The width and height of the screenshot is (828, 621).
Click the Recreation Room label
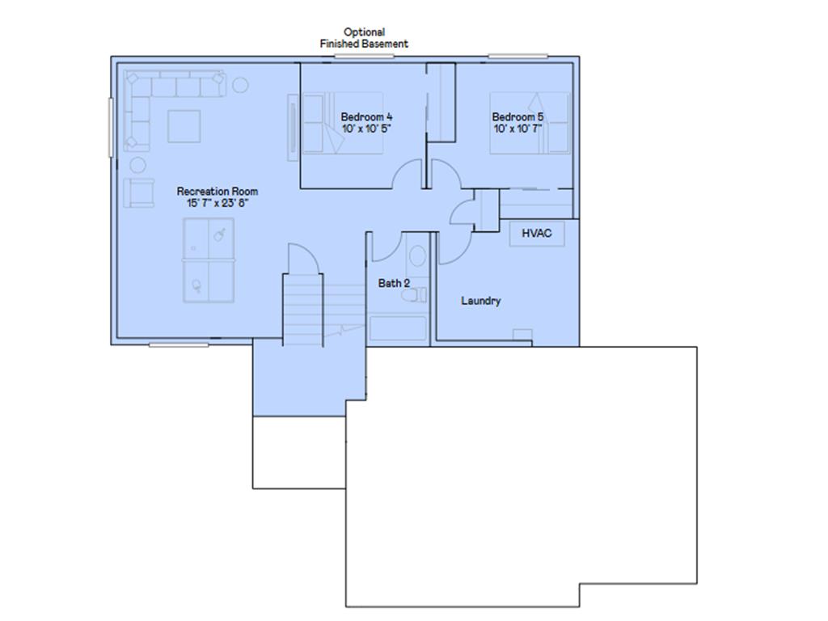pos(217,191)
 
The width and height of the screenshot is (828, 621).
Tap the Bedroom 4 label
pos(366,116)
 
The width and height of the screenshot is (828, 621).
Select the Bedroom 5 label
pos(517,116)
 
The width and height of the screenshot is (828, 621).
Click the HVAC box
pos(537,233)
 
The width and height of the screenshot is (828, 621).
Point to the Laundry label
pos(480,301)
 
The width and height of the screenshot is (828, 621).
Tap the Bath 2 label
pos(394,283)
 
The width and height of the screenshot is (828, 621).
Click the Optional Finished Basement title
pos(364,38)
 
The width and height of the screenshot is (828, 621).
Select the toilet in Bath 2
pos(414,294)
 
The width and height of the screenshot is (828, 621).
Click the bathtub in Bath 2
pos(398,327)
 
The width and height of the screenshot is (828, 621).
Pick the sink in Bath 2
pos(417,256)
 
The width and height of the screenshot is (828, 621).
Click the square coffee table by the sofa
pos(184,126)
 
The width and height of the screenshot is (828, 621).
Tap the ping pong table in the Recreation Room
pos(209,260)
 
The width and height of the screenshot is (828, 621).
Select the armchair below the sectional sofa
pos(139,192)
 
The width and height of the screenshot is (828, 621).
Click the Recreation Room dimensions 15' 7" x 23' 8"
pos(217,203)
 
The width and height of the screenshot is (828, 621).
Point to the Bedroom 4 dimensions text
pos(366,129)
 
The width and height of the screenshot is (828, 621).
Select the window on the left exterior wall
pos(111,127)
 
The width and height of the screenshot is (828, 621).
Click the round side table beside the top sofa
pos(240,85)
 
